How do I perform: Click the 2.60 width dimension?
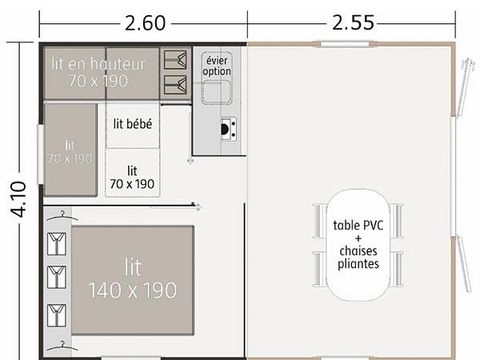144,19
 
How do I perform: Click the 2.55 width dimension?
356,19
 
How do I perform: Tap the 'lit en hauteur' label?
97,63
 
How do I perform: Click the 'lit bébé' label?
132,125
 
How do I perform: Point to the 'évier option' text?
217,65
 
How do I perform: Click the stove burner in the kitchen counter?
227,127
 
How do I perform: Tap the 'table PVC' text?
357,225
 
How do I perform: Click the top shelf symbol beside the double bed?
56,242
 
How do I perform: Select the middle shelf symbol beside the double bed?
56,275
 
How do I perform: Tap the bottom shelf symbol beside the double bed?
56,308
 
